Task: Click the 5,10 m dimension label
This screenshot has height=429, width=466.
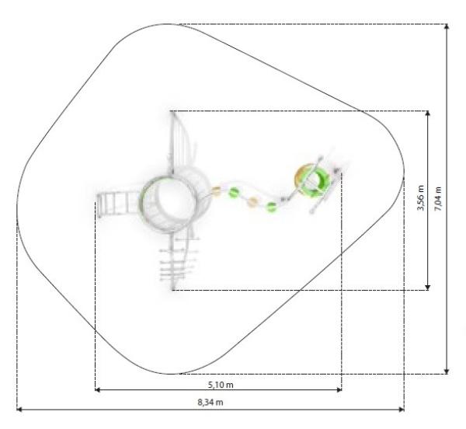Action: pos(221,385)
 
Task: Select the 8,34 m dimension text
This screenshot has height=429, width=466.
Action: pos(210,403)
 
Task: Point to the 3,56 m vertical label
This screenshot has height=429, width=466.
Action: pos(421,197)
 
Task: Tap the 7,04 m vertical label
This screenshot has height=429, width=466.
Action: pos(438,199)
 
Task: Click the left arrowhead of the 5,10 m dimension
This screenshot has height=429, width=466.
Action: pos(97,389)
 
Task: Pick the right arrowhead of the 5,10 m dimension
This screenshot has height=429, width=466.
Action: pos(339,389)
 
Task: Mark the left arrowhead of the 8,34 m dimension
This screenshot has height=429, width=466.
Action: pos(19,410)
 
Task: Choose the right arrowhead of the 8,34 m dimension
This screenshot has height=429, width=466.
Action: pos(402,410)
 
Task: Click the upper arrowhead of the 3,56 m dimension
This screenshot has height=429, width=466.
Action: pos(428,113)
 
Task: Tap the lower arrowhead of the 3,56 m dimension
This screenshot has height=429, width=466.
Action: pos(428,288)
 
